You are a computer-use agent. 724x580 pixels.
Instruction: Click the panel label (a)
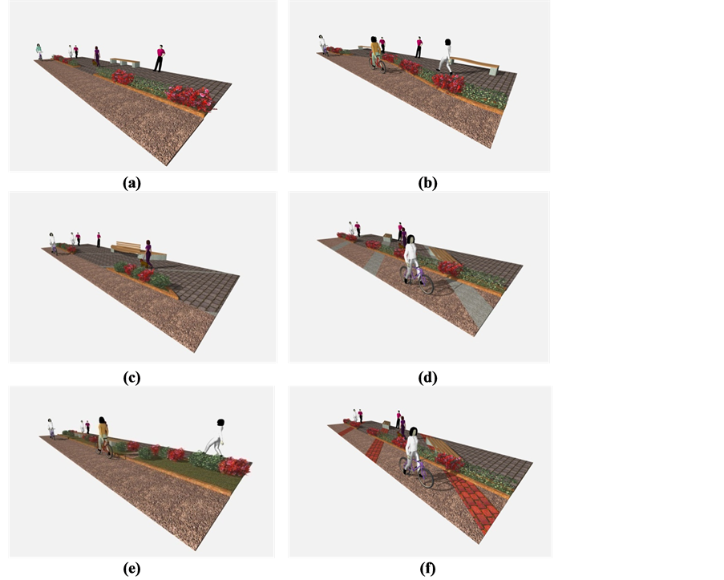(x=131, y=183)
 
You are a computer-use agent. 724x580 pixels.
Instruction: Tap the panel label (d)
(x=427, y=378)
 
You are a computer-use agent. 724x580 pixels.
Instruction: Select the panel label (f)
(x=427, y=569)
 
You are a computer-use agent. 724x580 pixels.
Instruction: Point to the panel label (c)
(x=131, y=378)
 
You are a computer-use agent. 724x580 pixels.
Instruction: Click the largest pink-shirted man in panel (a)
(x=160, y=59)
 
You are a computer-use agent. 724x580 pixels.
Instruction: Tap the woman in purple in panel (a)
(x=97, y=56)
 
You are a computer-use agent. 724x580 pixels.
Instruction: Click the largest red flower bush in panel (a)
(x=190, y=98)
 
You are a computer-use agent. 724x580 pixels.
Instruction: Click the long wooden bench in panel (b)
(x=475, y=65)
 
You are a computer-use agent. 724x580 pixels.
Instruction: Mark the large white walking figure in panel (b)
(x=445, y=56)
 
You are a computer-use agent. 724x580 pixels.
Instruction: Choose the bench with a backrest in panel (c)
(x=139, y=249)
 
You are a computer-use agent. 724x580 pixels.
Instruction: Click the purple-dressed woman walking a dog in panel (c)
(x=148, y=254)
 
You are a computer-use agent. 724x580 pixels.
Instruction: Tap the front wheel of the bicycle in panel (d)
(x=427, y=284)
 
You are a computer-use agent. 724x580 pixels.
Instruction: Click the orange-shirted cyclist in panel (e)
(x=103, y=436)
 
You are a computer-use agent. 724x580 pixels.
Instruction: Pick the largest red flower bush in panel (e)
(x=235, y=466)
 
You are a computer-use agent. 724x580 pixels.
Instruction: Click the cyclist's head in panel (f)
(x=413, y=432)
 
